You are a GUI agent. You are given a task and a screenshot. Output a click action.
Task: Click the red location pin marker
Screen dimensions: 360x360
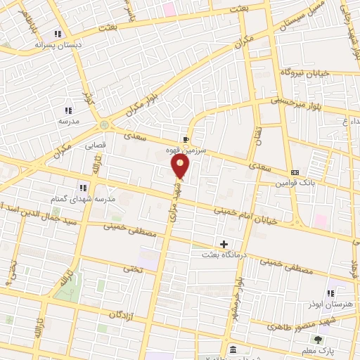click(x=180, y=166)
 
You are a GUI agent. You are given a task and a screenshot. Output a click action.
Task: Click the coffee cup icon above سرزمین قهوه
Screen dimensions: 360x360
click(x=186, y=139)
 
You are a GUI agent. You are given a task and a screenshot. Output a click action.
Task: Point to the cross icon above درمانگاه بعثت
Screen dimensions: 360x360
click(x=224, y=244)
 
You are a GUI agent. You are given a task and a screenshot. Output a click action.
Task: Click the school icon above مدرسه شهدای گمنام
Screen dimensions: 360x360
click(x=83, y=187)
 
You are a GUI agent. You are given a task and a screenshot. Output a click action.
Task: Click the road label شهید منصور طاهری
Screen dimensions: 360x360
click(x=286, y=326)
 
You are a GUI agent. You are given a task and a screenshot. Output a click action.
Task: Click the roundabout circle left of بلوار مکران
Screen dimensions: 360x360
click(x=105, y=124)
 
